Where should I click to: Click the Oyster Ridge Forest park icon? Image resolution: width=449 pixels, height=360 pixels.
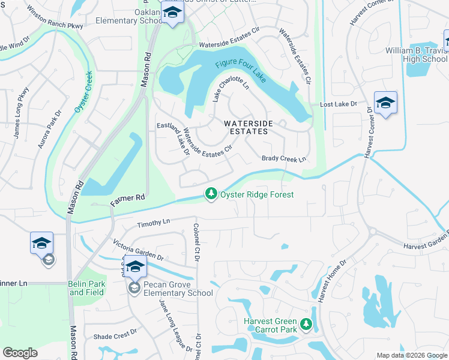pyautogui.click(x=210, y=194)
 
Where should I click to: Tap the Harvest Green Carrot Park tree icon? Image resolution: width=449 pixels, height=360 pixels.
pyautogui.click(x=306, y=325)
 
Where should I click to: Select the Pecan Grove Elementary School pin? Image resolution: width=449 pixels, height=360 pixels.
pyautogui.click(x=135, y=267)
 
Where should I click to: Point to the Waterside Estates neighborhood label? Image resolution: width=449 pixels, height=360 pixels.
pyautogui.click(x=249, y=127)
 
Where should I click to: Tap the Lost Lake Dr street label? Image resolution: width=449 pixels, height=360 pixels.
pyautogui.click(x=339, y=104)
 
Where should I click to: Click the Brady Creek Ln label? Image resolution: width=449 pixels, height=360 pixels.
pyautogui.click(x=284, y=159)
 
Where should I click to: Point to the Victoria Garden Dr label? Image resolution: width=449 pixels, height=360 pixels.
pyautogui.click(x=139, y=250)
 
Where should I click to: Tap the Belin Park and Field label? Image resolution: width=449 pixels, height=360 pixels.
pyautogui.click(x=86, y=289)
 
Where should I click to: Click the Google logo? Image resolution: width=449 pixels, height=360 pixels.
pyautogui.click(x=20, y=353)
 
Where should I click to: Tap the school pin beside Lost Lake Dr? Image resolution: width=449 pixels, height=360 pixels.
pyautogui.click(x=385, y=103)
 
